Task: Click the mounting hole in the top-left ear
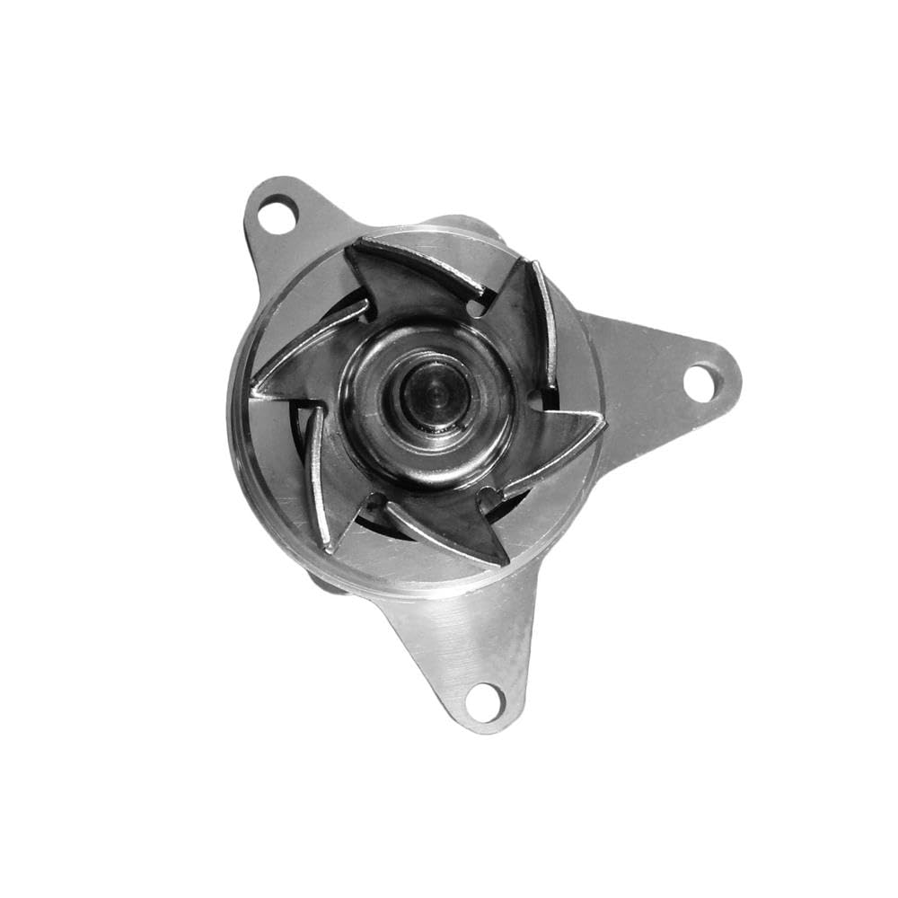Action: click(277, 215)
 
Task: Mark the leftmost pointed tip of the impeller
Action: click(254, 392)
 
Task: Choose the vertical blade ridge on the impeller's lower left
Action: click(316, 476)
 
